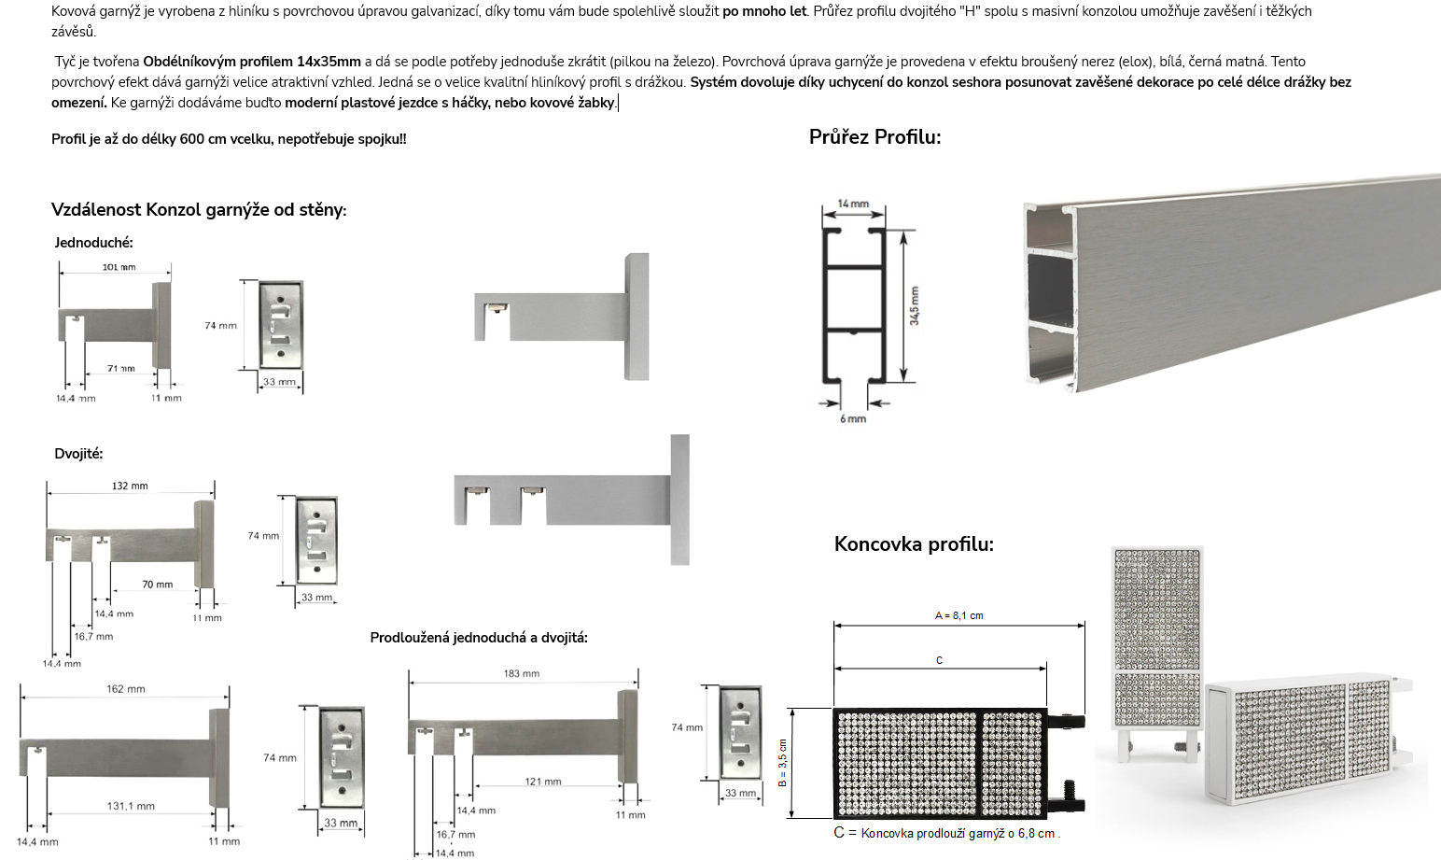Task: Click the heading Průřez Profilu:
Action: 874,137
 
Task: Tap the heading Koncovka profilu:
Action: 914,544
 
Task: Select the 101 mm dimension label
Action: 119,267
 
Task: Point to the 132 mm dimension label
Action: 130,486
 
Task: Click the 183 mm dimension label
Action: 521,674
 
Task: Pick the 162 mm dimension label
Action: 125,689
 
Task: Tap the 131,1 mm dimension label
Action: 131,806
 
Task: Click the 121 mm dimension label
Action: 543,782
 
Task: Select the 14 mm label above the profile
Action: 853,204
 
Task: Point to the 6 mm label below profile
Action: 853,419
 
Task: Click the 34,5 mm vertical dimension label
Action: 915,305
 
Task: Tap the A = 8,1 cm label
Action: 958,616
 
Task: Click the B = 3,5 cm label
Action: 782,763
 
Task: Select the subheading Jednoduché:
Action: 94,243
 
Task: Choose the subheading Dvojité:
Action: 78,454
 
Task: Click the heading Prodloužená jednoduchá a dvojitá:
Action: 479,638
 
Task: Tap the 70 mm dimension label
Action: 158,585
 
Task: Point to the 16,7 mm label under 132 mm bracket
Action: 93,637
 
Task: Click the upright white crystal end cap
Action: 1157,654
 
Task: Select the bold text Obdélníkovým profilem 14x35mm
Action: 252,62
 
